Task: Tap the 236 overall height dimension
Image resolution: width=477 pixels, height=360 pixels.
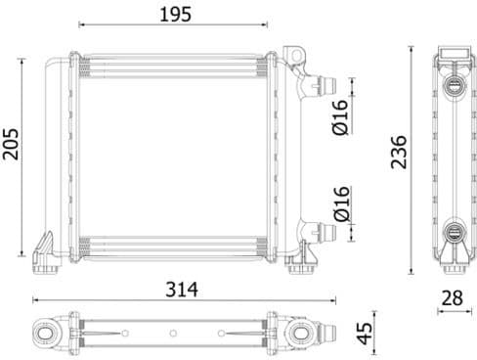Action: (399, 152)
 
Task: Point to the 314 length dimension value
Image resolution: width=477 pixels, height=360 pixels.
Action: (182, 290)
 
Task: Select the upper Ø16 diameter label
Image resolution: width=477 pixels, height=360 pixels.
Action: (340, 115)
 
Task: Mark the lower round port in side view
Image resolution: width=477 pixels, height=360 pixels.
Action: (454, 232)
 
